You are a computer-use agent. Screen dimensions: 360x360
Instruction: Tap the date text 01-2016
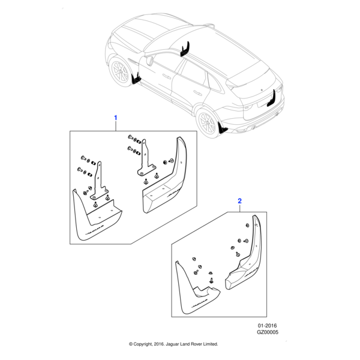tap(267, 325)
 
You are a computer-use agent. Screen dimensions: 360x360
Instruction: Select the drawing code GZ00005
tap(268, 332)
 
